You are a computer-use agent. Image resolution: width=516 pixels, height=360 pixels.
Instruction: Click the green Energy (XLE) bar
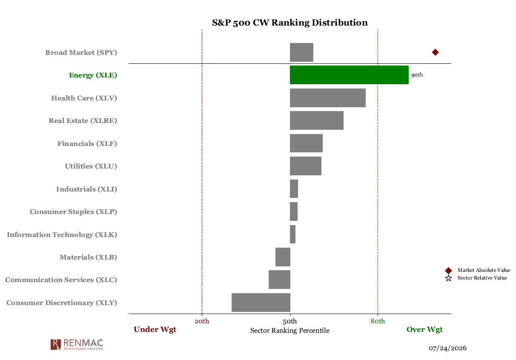pyautogui.click(x=349, y=75)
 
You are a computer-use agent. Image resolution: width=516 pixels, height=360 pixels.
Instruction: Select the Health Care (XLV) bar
pyautogui.click(x=328, y=98)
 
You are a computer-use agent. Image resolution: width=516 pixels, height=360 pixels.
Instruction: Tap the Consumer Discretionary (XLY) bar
pyautogui.click(x=261, y=303)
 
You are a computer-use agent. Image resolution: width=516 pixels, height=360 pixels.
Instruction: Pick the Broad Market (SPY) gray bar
pyautogui.click(x=301, y=52)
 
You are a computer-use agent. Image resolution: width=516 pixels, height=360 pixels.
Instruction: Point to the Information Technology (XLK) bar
pyautogui.click(x=292, y=234)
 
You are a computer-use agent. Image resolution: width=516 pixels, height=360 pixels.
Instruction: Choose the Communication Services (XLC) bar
pyautogui.click(x=279, y=280)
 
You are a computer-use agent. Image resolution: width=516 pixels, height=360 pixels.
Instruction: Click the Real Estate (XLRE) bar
pyautogui.click(x=317, y=120)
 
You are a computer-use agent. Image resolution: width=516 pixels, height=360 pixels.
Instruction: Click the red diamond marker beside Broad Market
pyautogui.click(x=435, y=52)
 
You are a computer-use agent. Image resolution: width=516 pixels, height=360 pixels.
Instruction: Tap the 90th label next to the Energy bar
pyautogui.click(x=417, y=75)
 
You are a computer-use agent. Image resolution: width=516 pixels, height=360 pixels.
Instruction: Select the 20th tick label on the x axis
pyautogui.click(x=202, y=321)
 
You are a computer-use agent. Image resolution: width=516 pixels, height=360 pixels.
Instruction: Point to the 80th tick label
pyautogui.click(x=378, y=321)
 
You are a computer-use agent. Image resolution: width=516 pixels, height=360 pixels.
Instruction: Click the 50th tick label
pyautogui.click(x=290, y=321)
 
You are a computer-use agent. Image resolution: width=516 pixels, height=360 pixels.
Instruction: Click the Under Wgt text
pyautogui.click(x=155, y=330)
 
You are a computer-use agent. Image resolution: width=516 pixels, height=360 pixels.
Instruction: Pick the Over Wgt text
pyautogui.click(x=424, y=330)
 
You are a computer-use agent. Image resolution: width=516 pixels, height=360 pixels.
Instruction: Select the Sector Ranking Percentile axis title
pyautogui.click(x=290, y=331)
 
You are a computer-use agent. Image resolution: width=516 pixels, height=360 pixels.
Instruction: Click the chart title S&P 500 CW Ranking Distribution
pyautogui.click(x=290, y=23)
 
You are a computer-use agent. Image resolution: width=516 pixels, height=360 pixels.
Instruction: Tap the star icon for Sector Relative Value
pyautogui.click(x=448, y=278)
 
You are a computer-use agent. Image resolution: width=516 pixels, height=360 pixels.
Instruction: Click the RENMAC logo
pyautogui.click(x=77, y=344)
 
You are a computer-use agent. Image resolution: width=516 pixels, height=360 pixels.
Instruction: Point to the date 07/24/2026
pyautogui.click(x=447, y=348)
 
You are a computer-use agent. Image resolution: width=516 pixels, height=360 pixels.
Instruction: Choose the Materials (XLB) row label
pyautogui.click(x=89, y=257)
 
